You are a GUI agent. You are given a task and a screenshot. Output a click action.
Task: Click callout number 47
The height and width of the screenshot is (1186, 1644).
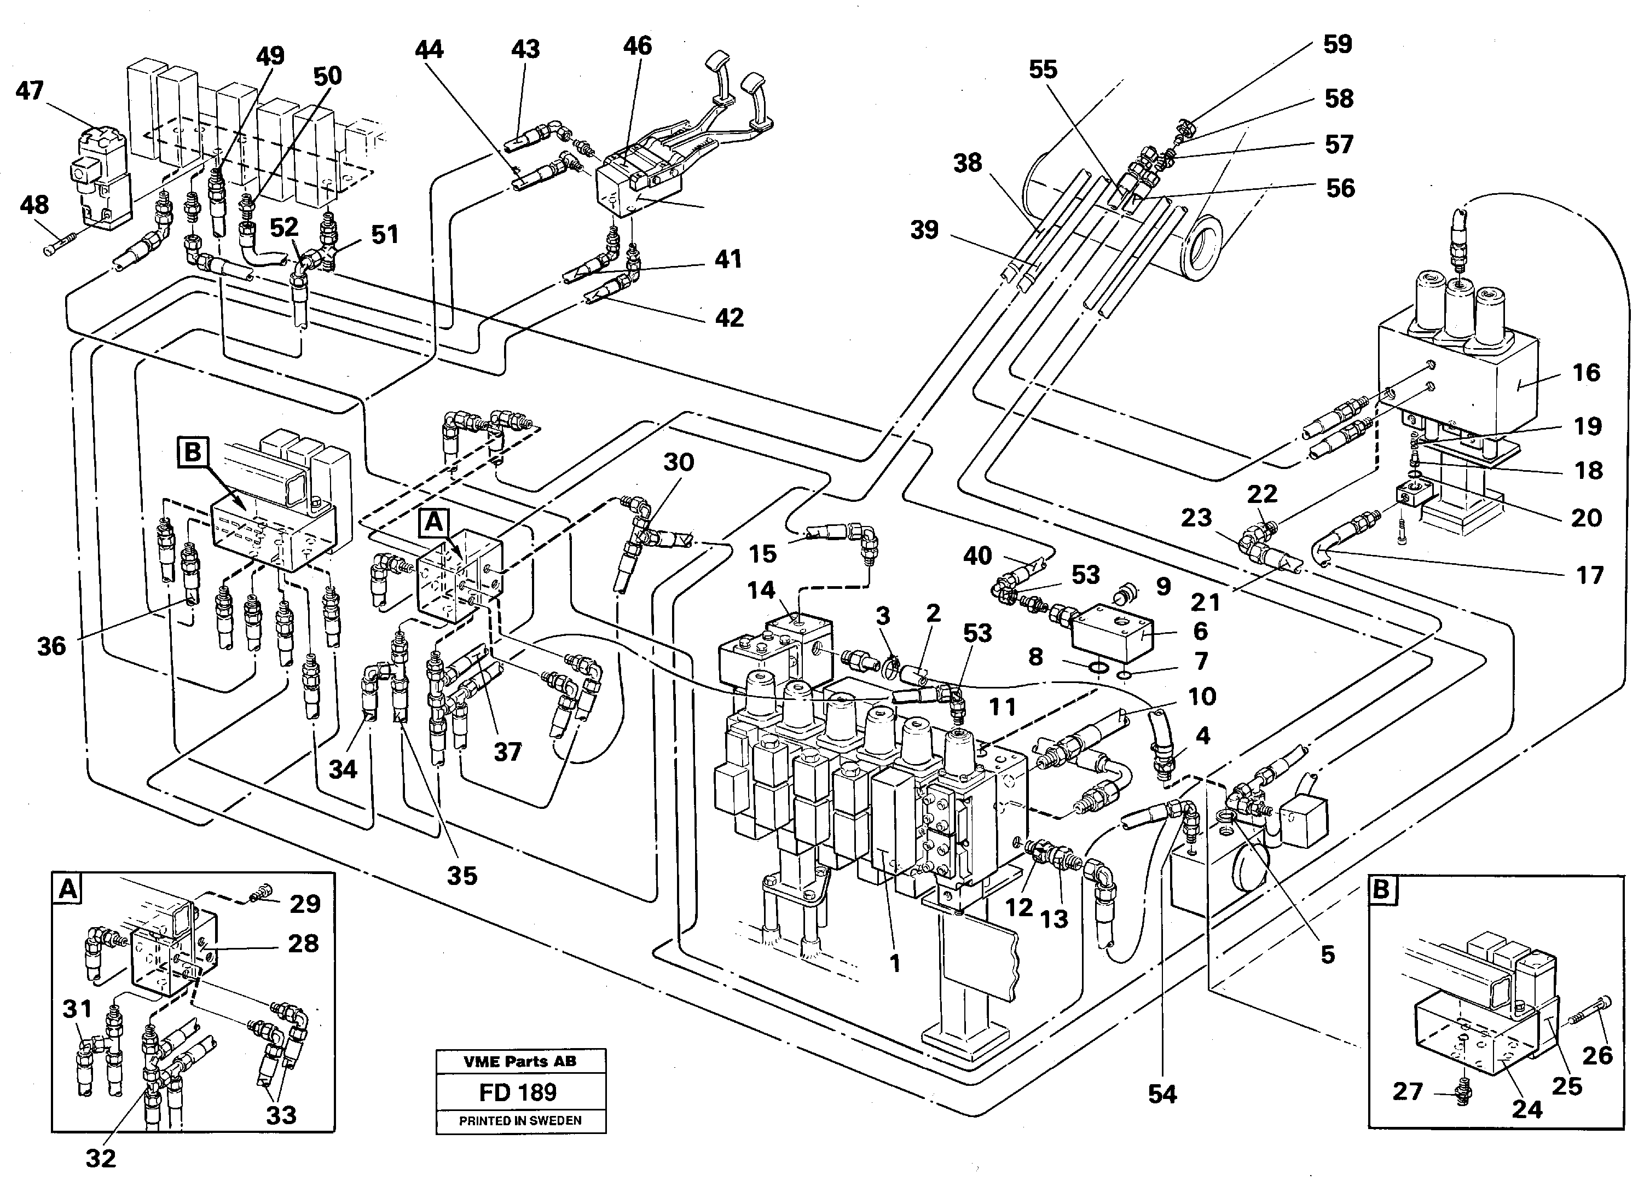click(x=30, y=91)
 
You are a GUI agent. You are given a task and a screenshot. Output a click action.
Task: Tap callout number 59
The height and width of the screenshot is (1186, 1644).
click(x=1338, y=44)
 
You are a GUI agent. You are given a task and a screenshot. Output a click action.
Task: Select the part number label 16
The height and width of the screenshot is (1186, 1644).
click(x=1586, y=373)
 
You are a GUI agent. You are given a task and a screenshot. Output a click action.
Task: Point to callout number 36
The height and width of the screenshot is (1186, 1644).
click(x=51, y=646)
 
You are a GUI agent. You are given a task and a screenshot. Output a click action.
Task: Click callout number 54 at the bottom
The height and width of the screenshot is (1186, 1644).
click(x=1163, y=1095)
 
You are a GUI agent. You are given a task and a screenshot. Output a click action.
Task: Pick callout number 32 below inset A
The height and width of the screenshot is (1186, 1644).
click(x=101, y=1159)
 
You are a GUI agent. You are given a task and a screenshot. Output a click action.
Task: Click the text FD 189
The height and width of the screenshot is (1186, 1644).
click(x=518, y=1092)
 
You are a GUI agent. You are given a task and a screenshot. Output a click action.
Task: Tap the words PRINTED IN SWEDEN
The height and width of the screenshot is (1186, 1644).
click(x=520, y=1121)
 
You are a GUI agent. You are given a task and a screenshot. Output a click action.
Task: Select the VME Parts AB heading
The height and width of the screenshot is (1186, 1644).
click(x=520, y=1062)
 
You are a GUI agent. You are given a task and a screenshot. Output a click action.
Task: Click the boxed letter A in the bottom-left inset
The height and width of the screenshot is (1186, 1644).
click(x=67, y=889)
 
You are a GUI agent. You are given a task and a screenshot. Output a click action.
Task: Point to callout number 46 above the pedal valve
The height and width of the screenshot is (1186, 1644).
click(x=637, y=47)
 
